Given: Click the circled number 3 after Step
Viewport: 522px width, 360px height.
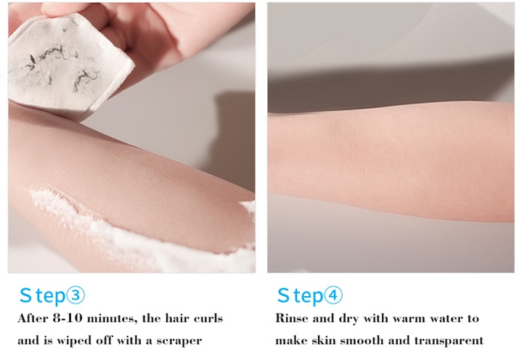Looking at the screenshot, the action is click(x=76, y=295).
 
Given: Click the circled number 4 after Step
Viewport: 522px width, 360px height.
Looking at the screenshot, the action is click(x=333, y=295).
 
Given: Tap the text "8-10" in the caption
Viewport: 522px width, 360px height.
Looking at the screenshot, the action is click(x=68, y=319).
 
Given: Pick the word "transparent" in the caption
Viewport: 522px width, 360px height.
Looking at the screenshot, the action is click(x=449, y=341).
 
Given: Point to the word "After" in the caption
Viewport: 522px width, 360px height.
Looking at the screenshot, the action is click(x=33, y=319).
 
